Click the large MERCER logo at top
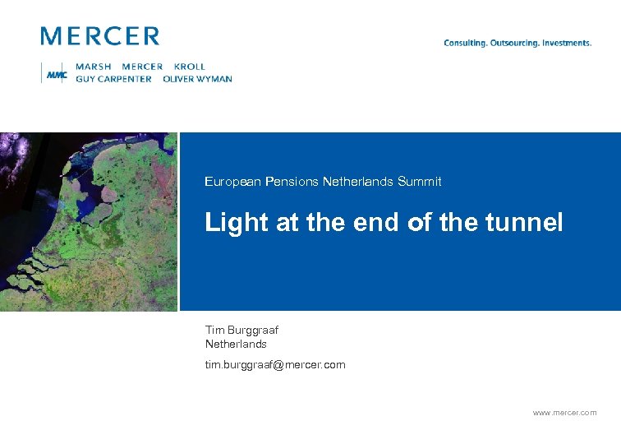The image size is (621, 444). point(99,36)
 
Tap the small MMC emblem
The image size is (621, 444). point(57,74)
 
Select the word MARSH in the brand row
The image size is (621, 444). point(94,67)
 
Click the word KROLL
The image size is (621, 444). point(190,67)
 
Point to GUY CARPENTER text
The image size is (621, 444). point(113,79)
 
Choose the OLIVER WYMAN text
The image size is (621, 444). point(197,79)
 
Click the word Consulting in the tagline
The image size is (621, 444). point(465,43)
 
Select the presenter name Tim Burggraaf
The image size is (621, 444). point(241,331)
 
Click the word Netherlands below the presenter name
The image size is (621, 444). point(236,344)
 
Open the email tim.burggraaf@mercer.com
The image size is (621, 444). point(275,364)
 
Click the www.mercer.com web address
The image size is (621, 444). point(565,413)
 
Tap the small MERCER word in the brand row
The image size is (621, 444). point(142,67)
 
